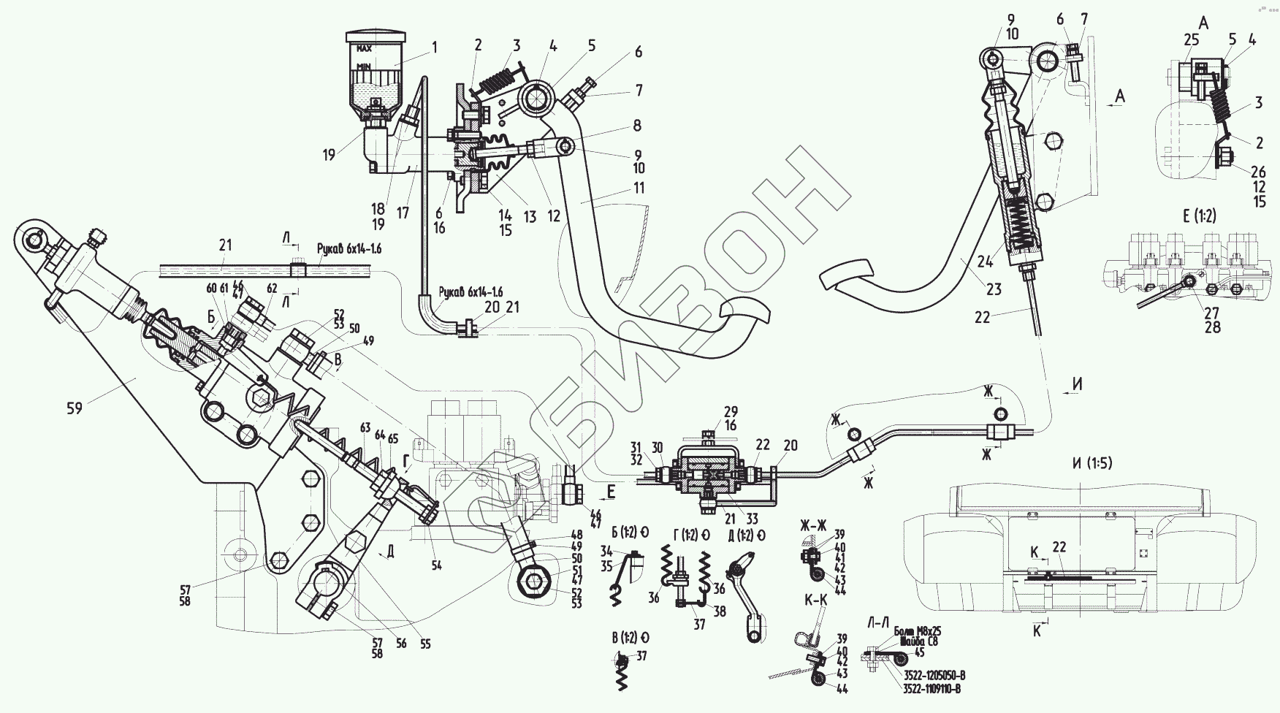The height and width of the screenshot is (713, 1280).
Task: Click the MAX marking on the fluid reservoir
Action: pyautogui.click(x=365, y=48)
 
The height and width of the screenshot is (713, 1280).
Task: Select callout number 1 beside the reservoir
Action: pyautogui.click(x=435, y=47)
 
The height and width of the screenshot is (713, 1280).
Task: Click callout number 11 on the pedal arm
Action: pyautogui.click(x=639, y=188)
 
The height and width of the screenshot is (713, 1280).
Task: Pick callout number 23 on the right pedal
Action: pyautogui.click(x=994, y=289)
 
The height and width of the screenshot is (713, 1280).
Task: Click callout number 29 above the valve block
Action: pyautogui.click(x=731, y=411)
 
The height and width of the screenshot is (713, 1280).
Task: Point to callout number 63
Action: pyautogui.click(x=365, y=427)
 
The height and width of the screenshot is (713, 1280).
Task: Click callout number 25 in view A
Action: pyautogui.click(x=1191, y=39)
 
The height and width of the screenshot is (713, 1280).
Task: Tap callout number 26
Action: pyautogui.click(x=1257, y=172)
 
